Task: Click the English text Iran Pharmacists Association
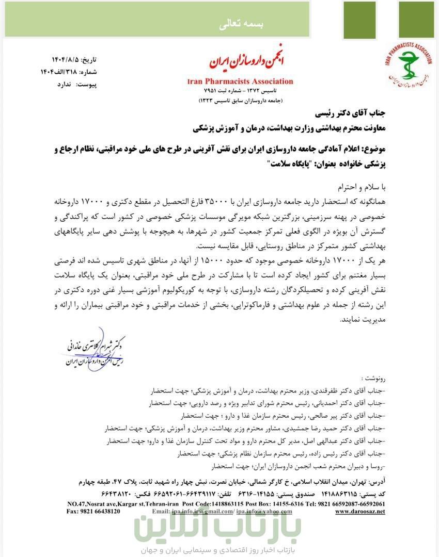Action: pyautogui.click(x=240, y=81)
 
